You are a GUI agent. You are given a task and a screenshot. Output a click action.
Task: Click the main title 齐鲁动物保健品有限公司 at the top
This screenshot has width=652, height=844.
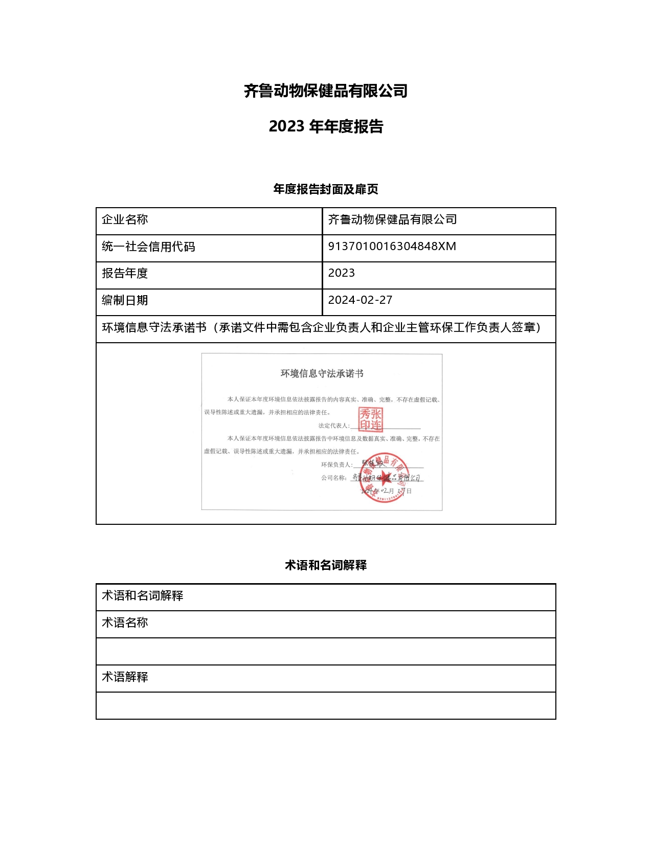point(326,91)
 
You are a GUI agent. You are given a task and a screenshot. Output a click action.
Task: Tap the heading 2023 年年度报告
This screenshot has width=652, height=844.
point(326,126)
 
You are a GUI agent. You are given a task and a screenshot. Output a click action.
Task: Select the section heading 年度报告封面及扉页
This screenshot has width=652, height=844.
point(326,189)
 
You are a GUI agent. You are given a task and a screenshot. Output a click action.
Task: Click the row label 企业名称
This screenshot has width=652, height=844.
point(125,220)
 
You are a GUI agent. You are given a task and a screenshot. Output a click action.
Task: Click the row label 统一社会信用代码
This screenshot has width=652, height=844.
point(148,247)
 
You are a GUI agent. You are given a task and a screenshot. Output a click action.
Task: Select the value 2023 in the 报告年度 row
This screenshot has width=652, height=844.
point(341,273)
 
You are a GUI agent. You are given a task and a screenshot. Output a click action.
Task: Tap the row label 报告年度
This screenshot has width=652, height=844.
point(125,274)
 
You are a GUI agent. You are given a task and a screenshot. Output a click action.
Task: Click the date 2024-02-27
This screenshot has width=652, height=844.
point(360,300)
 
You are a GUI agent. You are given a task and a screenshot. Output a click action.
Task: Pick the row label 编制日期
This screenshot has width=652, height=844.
point(125,301)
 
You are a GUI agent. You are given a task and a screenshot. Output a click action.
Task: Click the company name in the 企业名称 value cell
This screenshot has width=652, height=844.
point(392,220)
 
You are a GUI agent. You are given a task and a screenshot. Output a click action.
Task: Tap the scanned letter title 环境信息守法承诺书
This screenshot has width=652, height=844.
point(322,374)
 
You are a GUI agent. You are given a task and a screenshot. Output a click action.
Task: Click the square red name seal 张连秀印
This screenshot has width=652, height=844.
point(370,419)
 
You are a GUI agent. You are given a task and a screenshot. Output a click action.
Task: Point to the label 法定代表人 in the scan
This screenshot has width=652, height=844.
point(333,426)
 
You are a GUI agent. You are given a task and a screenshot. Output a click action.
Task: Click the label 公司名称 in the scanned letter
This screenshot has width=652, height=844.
point(334,478)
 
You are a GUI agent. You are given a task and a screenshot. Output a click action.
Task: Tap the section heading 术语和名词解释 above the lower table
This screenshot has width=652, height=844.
point(326,565)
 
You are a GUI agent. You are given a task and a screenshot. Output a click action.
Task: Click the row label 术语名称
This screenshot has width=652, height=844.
point(125,623)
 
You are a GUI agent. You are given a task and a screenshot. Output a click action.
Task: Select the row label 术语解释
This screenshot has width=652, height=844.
point(125,677)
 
